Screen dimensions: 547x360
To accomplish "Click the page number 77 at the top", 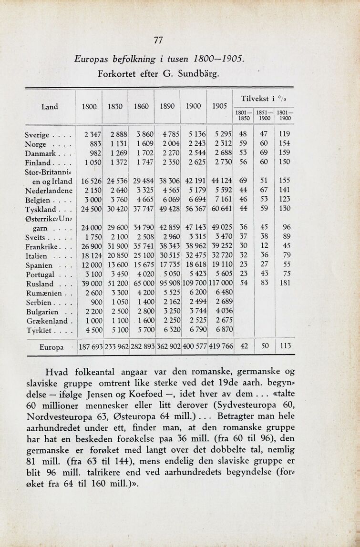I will pyautogui.click(x=159, y=41).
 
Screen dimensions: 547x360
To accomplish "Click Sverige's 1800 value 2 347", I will pyautogui.click(x=90, y=135).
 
